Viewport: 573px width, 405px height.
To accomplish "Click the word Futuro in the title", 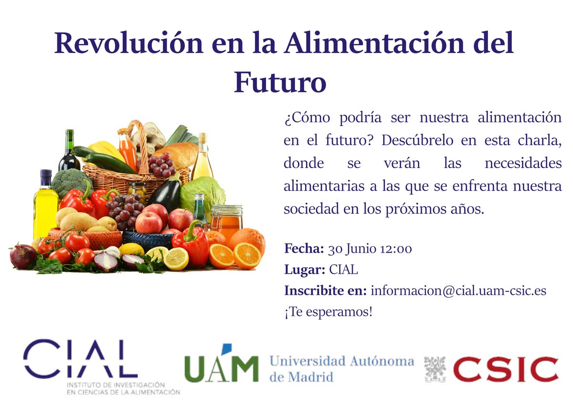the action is click(280, 82).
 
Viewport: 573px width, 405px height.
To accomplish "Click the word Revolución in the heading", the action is click(128, 43).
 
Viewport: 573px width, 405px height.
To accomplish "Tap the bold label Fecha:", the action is click(304, 248).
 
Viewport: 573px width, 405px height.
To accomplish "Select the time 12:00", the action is click(396, 249).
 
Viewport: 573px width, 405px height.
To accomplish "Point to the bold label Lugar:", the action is click(305, 270).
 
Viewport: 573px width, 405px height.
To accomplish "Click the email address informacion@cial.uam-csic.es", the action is click(458, 291).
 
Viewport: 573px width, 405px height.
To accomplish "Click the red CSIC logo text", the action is click(506, 369).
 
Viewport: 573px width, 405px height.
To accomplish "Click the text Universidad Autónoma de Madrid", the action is click(342, 369).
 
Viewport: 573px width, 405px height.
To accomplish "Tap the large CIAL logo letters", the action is click(80, 359).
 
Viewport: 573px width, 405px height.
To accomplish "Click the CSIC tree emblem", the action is click(435, 369).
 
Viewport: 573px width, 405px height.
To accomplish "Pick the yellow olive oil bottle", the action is click(45, 205).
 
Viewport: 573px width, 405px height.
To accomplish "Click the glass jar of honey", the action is click(226, 220).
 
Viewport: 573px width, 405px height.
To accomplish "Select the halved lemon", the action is click(176, 259).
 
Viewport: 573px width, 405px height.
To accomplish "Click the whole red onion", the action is click(23, 256).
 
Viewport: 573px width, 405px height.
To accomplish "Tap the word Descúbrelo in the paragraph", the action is click(417, 140).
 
